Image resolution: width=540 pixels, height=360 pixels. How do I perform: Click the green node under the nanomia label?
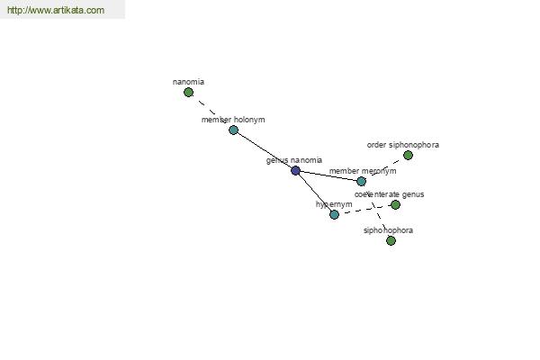(188, 93)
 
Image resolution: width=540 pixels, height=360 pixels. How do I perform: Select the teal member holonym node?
(233, 130)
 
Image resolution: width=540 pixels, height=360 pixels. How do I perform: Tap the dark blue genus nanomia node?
(295, 170)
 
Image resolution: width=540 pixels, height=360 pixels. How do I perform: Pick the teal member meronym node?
(361, 181)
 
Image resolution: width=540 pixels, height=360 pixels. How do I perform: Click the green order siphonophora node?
(408, 156)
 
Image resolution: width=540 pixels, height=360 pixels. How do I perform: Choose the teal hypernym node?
(335, 214)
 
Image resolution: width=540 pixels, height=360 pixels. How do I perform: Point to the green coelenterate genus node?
(395, 205)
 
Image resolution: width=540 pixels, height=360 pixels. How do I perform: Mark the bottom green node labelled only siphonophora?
(391, 240)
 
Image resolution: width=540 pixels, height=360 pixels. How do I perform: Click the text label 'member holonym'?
(233, 120)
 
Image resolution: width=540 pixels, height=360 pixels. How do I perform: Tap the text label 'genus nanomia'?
(294, 160)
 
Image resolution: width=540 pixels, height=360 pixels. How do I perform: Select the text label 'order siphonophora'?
(403, 145)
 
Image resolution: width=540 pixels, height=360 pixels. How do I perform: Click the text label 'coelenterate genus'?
(390, 194)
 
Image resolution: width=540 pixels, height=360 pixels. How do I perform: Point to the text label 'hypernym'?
(334, 204)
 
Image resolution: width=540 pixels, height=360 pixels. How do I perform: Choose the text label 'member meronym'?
(363, 171)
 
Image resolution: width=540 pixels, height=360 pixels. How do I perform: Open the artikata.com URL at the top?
(56, 10)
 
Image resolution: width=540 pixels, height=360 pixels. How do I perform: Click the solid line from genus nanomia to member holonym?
(265, 150)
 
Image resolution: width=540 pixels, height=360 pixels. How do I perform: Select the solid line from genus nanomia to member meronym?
(328, 175)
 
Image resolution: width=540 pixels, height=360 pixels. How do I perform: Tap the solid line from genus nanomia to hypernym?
(315, 193)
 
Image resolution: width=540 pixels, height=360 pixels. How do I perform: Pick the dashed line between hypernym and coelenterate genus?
(365, 210)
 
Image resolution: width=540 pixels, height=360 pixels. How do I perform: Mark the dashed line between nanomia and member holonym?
(211, 112)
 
